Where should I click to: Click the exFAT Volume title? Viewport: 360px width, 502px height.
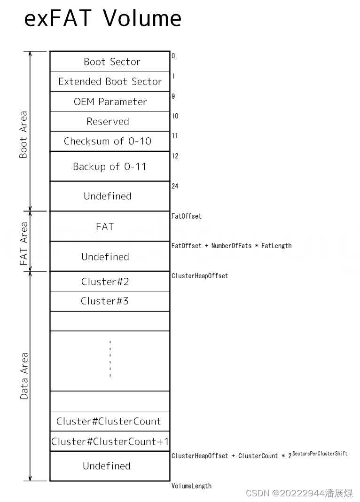point(102,18)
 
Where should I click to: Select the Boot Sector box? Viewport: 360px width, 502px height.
point(110,62)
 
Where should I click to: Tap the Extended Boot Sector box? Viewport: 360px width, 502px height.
point(110,81)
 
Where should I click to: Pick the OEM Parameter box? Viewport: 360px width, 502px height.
point(110,102)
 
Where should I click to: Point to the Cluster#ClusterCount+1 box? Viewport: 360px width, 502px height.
point(110,441)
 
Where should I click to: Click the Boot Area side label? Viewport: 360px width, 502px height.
point(23,134)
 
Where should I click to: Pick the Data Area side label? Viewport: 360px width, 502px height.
point(24,376)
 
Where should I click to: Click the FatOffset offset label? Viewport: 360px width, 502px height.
point(187,216)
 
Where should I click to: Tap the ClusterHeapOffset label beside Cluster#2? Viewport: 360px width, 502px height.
point(200,276)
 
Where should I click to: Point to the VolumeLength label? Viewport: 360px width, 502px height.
point(191,486)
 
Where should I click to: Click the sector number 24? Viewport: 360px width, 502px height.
point(175,186)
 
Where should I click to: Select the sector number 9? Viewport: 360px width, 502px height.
point(173,96)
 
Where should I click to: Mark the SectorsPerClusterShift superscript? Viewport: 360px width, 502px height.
point(320,454)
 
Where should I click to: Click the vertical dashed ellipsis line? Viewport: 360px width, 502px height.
point(110,358)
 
